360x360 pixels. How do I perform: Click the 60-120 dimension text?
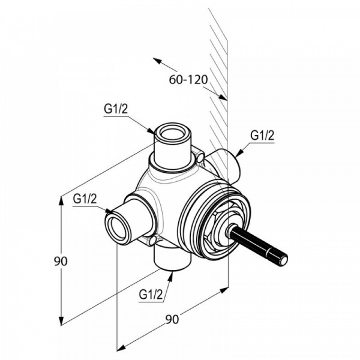[x=188, y=80]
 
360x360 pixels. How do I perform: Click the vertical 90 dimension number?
[x=61, y=261]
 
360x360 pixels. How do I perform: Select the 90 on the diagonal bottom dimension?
[x=172, y=319]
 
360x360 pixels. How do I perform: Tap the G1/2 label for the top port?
[x=115, y=109]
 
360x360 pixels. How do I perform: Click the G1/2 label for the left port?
[x=85, y=199]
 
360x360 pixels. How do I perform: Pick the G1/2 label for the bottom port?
[x=151, y=295]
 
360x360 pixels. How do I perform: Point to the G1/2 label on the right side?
[x=262, y=136]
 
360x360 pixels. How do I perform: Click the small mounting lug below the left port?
[x=152, y=241]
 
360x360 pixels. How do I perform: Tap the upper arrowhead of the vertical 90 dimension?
[x=61, y=202]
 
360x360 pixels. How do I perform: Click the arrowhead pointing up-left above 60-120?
[x=157, y=61]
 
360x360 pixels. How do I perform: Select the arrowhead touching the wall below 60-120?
[x=223, y=97]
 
